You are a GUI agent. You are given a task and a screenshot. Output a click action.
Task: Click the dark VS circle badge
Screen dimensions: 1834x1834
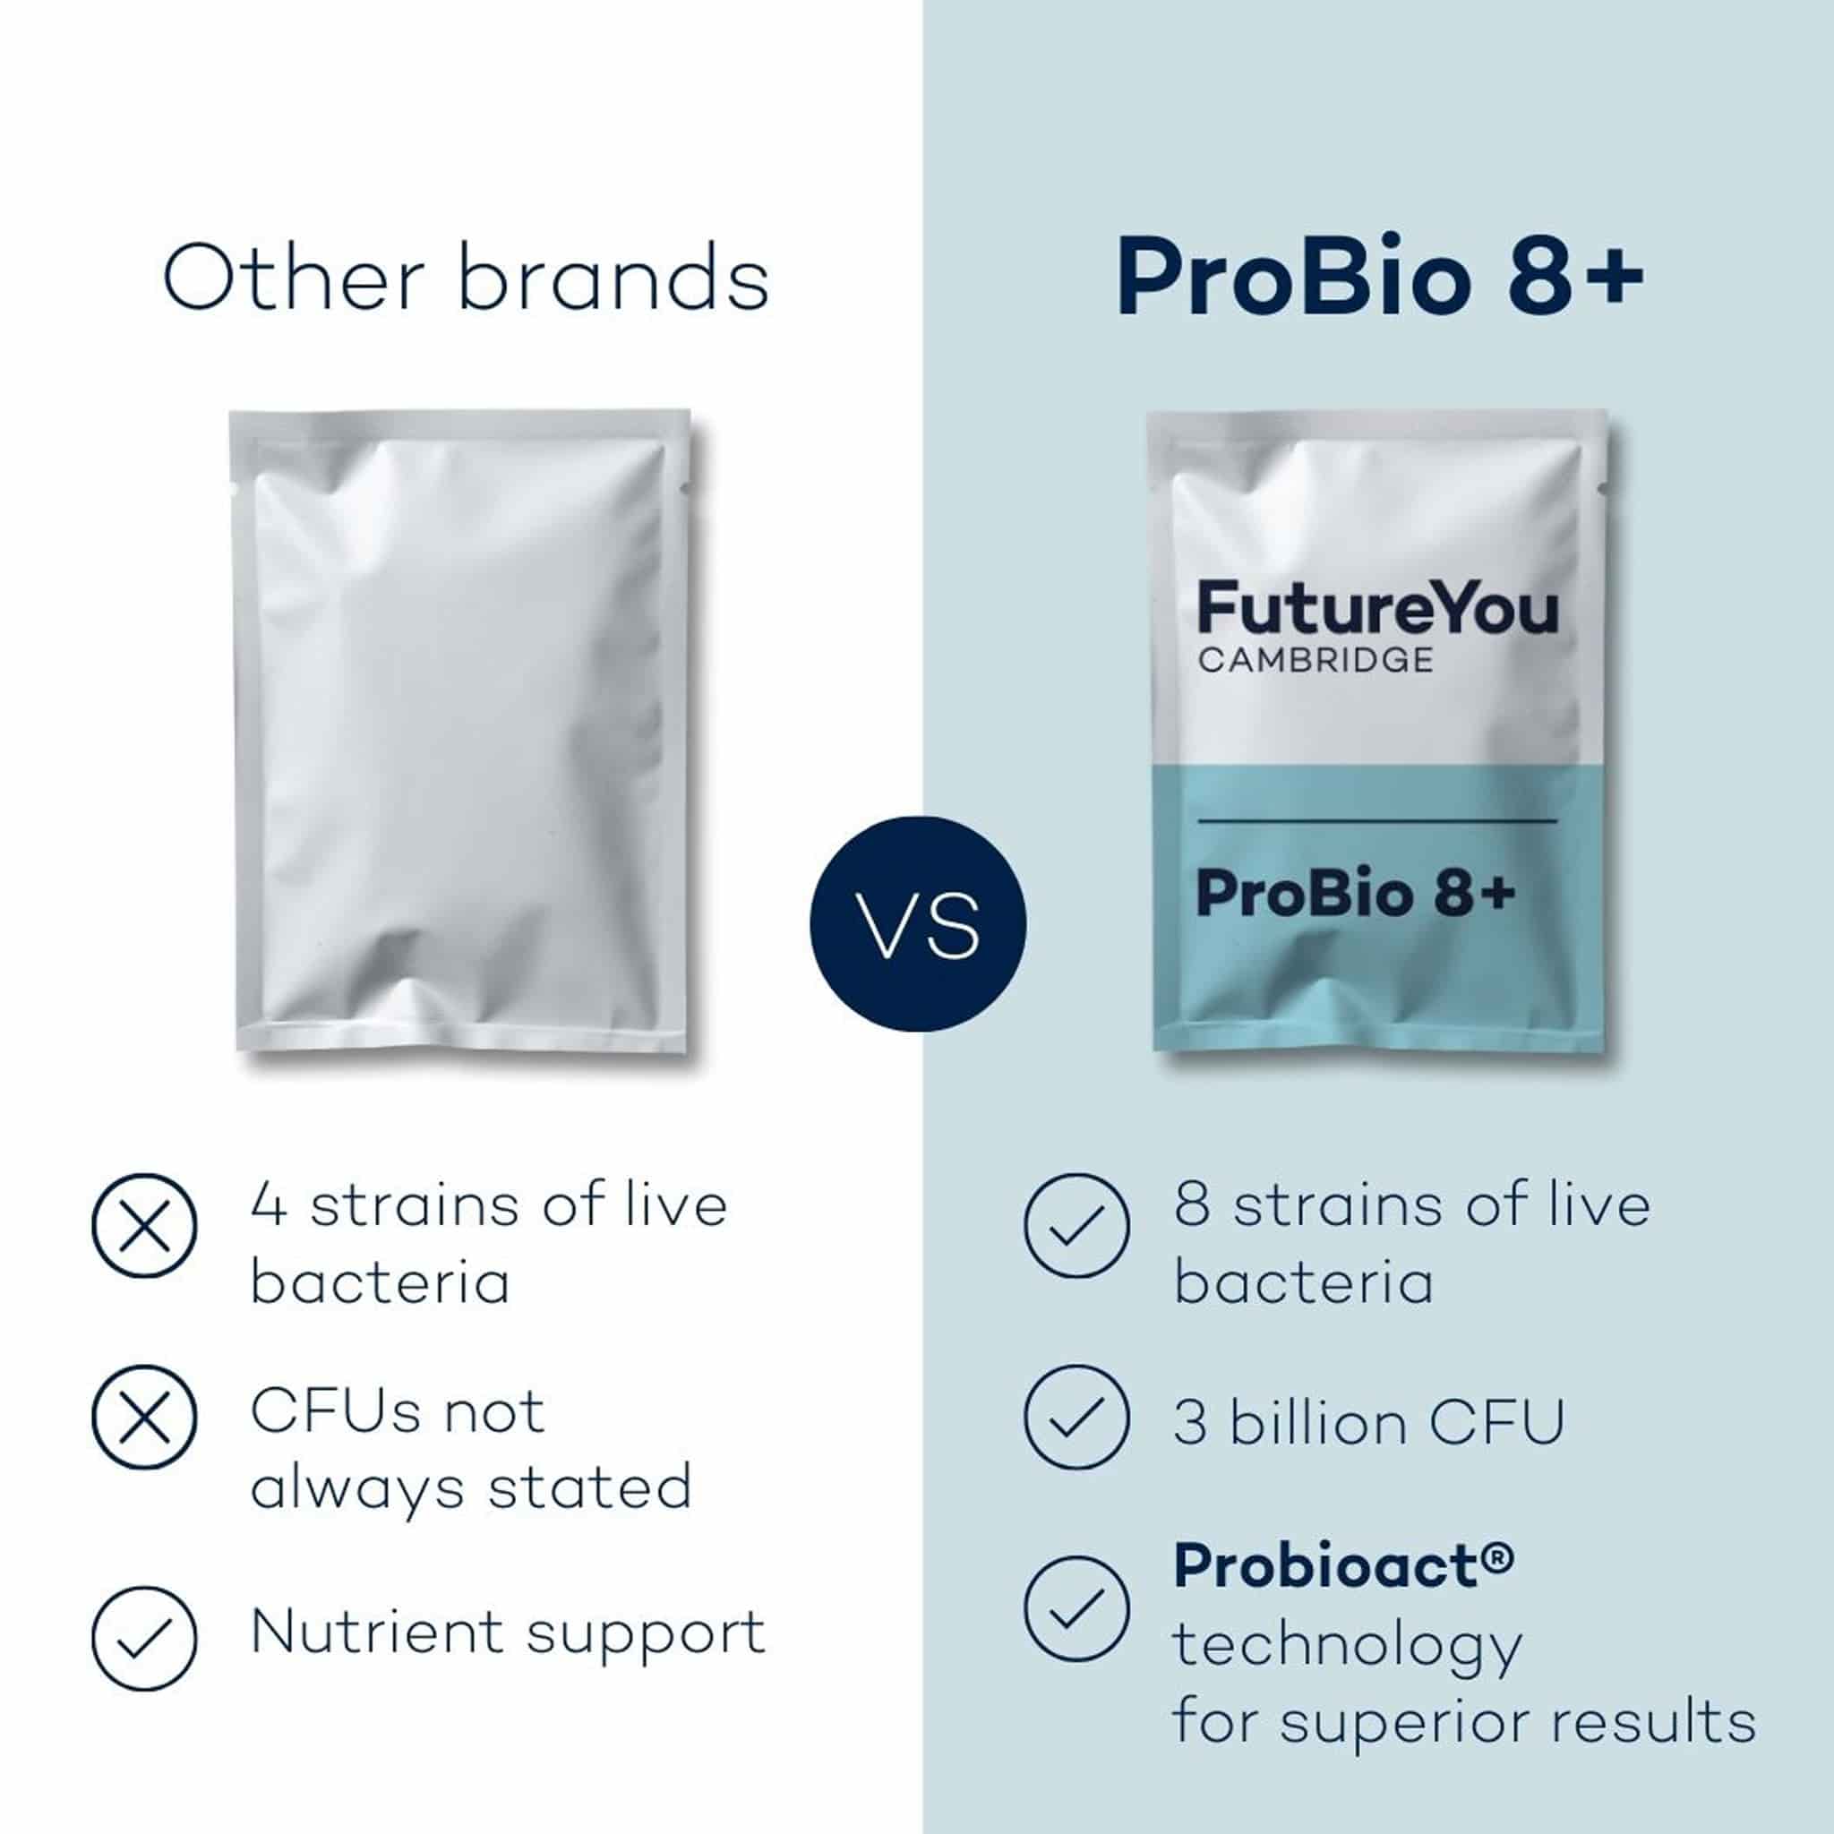coord(917,923)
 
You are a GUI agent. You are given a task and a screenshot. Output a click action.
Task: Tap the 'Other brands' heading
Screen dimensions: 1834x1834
coord(465,279)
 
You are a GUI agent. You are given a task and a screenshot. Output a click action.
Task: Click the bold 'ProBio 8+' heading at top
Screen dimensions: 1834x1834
coord(1379,279)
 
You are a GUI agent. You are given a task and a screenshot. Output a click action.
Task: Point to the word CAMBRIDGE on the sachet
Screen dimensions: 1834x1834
coord(1315,661)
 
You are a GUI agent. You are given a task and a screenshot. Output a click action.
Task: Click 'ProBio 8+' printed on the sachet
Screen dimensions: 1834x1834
coord(1356,895)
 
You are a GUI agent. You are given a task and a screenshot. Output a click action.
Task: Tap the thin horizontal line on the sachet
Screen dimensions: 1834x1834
coord(1377,819)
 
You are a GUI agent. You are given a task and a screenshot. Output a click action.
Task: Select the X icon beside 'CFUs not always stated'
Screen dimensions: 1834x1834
coord(144,1418)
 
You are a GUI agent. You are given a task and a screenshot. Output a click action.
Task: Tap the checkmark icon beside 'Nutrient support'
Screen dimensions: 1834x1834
coord(144,1638)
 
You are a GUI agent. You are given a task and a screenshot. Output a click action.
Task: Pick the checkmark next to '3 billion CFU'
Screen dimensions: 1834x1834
coord(1076,1418)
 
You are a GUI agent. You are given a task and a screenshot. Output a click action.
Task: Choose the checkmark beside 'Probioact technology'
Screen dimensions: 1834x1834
coord(1076,1608)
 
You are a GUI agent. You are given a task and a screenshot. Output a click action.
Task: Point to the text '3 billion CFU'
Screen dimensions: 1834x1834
coord(1369,1424)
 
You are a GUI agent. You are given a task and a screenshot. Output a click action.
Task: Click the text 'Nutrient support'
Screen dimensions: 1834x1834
coord(508,1633)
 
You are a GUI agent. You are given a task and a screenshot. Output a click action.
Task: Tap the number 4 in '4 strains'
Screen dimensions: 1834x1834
coord(269,1205)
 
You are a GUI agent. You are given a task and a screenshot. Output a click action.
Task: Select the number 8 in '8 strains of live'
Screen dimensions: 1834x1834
coord(1192,1205)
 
